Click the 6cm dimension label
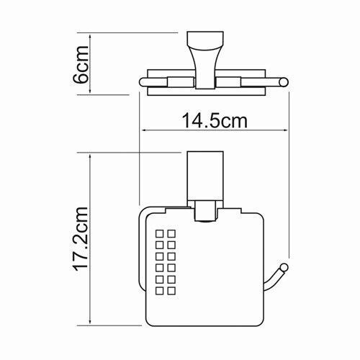click(x=81, y=63)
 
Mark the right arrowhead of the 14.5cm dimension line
click(x=288, y=131)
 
